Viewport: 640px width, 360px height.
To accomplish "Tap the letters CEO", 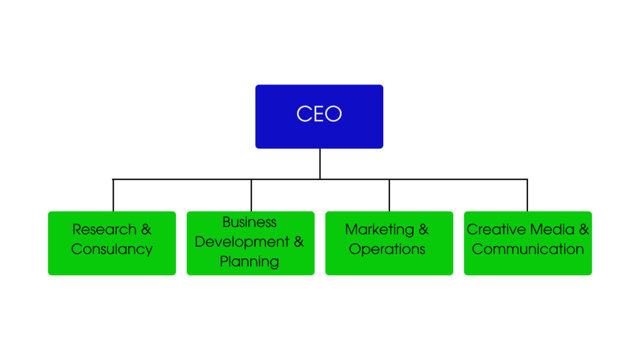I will pyautogui.click(x=319, y=114).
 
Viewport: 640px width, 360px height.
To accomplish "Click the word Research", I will pyautogui.click(x=104, y=230).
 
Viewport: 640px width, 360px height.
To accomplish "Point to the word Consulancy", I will pyautogui.click(x=112, y=249).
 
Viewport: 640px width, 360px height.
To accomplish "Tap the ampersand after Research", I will pyautogui.click(x=146, y=230).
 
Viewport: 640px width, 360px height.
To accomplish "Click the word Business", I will pyautogui.click(x=249, y=222).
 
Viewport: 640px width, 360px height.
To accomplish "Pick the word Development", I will pyautogui.click(x=242, y=242).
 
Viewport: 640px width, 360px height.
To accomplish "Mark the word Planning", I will pyautogui.click(x=249, y=261).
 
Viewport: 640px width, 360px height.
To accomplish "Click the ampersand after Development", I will pyautogui.click(x=299, y=242).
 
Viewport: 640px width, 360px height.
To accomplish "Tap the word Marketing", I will pyautogui.click(x=379, y=230).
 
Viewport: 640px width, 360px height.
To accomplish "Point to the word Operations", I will pyautogui.click(x=387, y=249).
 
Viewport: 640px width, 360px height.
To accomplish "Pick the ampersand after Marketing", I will pyautogui.click(x=423, y=230).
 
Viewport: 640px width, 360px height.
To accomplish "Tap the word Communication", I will pyautogui.click(x=527, y=249).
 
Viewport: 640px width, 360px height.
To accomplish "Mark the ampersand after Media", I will pyautogui.click(x=584, y=230).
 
